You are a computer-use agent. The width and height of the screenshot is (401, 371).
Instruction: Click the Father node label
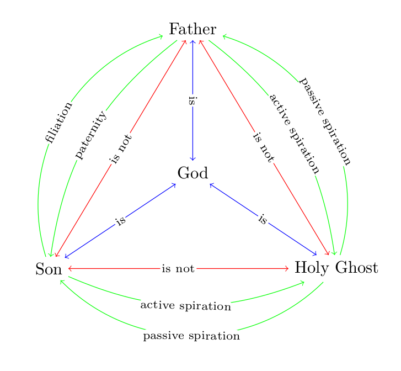pyautogui.click(x=193, y=29)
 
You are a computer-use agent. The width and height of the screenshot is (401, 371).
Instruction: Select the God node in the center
pyautogui.click(x=193, y=173)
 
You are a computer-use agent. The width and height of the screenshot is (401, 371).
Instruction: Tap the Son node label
pyautogui.click(x=49, y=269)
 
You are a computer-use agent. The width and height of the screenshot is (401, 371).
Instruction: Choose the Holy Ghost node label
pyautogui.click(x=336, y=268)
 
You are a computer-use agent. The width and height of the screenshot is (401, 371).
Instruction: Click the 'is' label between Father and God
pyautogui.click(x=193, y=101)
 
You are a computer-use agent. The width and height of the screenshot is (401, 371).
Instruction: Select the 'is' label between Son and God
pyautogui.click(x=121, y=221)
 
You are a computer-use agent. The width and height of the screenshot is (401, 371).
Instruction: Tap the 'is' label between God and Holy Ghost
pyautogui.click(x=263, y=220)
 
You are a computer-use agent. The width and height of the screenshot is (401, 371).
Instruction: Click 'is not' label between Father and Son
pyautogui.click(x=121, y=149)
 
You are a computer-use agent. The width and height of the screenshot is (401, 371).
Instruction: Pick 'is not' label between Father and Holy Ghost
pyautogui.click(x=263, y=147)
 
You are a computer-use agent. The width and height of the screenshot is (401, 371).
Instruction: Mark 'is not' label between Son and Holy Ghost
pyautogui.click(x=178, y=269)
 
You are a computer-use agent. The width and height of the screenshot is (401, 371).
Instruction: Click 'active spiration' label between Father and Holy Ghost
pyautogui.click(x=295, y=134)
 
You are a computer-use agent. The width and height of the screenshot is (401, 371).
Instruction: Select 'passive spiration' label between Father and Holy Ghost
pyautogui.click(x=325, y=122)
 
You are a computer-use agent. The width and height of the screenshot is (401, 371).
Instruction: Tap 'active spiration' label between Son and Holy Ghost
pyautogui.click(x=185, y=305)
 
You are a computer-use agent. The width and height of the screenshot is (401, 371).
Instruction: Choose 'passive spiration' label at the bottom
pyautogui.click(x=191, y=336)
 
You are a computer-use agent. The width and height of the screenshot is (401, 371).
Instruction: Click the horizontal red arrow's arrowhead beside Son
pyautogui.click(x=69, y=269)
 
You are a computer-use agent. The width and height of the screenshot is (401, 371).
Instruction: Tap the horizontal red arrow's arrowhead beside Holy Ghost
pyautogui.click(x=287, y=269)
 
